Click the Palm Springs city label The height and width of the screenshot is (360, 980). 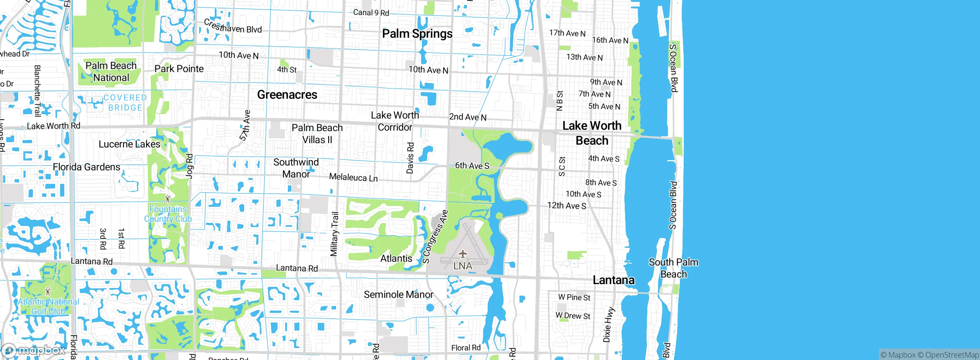pos(417,34)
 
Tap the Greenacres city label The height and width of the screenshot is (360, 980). pos(287,95)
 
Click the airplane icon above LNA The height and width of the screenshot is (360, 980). pos(462,254)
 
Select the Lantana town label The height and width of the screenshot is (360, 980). pos(613,280)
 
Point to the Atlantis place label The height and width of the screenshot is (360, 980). pos(396,259)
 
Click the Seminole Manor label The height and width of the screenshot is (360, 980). pos(399,295)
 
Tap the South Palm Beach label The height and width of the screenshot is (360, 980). pos(673,268)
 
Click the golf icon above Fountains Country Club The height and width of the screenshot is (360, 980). pos(167,199)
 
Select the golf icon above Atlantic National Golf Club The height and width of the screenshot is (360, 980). pos(48,291)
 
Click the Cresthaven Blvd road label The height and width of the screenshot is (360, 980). pos(233,27)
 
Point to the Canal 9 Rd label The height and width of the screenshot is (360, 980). pos(371,13)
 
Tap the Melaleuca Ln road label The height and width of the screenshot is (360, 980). pos(353,177)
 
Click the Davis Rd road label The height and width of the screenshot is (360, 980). pos(410,158)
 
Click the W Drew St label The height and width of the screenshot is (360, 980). pos(573,316)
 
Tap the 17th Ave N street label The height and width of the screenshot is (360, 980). pos(567,33)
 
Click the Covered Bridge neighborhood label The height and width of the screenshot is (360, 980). pos(125,103)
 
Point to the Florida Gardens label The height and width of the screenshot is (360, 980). pos(87,167)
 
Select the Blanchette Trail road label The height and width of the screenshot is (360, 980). pos(37,91)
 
